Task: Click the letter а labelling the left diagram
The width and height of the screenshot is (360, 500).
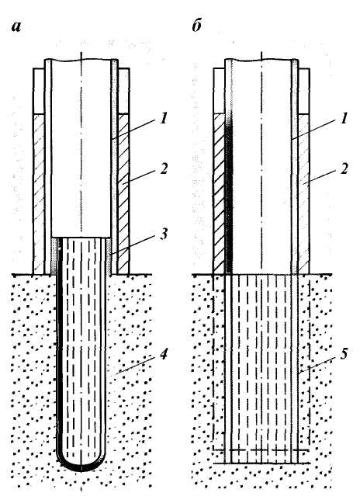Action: pyautogui.click(x=16, y=26)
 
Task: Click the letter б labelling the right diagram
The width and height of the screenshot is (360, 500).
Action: pyautogui.click(x=196, y=25)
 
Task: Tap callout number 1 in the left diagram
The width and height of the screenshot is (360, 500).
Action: pyautogui.click(x=164, y=119)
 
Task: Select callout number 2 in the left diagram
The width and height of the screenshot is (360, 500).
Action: pyautogui.click(x=164, y=169)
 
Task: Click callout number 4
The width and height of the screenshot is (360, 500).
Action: pyautogui.click(x=163, y=353)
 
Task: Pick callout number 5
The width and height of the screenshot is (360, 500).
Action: pyautogui.click(x=344, y=353)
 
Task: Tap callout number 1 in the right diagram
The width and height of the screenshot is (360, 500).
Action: pyautogui.click(x=343, y=119)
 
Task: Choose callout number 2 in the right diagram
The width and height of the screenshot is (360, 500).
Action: pyautogui.click(x=344, y=169)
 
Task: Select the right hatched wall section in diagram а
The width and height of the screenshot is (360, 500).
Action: pyautogui.click(x=123, y=194)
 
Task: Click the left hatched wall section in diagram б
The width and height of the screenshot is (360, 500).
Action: pyautogui.click(x=219, y=194)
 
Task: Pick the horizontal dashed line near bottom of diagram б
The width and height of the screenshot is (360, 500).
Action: pyautogui.click(x=261, y=450)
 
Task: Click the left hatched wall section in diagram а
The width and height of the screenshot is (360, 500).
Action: pyautogui.click(x=39, y=194)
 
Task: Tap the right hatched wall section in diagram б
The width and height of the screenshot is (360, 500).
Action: pyautogui.click(x=303, y=194)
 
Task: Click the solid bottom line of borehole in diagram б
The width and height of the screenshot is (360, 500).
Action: pyautogui.click(x=261, y=464)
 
